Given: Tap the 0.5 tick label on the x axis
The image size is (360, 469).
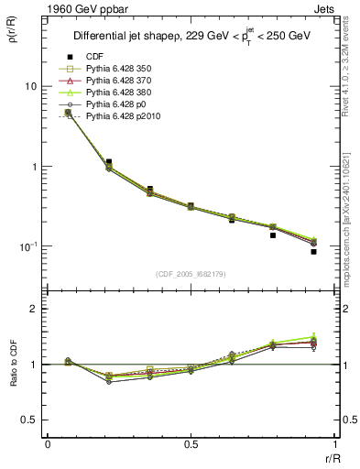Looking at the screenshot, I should point(191,444).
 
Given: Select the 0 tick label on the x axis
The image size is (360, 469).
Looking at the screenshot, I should point(48,444).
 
